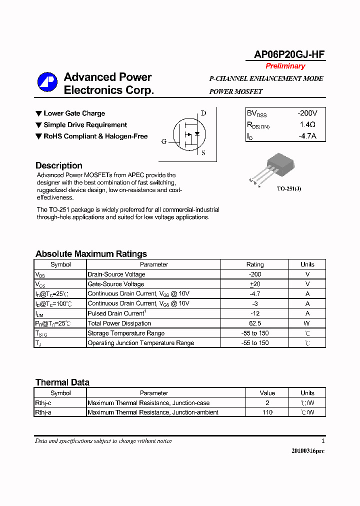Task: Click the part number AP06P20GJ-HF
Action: point(285,55)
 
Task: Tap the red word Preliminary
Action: point(285,66)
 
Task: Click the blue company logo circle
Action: point(47,83)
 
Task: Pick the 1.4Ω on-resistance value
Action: point(307,125)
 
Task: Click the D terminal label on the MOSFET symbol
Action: point(203,113)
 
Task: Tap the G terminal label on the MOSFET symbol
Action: point(163,141)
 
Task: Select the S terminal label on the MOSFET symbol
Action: point(203,153)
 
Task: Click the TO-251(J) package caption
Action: point(289,188)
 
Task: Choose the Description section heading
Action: point(59,165)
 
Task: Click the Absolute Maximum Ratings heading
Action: point(91,254)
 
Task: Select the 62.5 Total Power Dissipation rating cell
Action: point(255,323)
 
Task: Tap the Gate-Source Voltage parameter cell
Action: point(115,284)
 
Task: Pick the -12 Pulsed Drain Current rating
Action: point(255,313)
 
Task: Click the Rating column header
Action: point(255,264)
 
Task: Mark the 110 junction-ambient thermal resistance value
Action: point(267,412)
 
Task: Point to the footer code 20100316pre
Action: point(308,451)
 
